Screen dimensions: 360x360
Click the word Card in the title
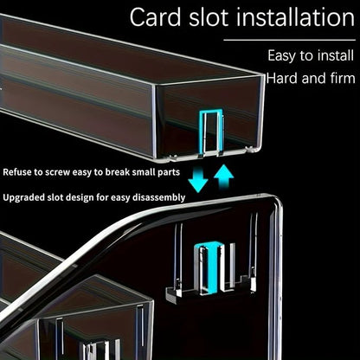click(x=156, y=17)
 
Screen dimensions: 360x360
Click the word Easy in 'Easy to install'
click(x=281, y=56)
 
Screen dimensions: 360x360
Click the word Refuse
click(x=16, y=172)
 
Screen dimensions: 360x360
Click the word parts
click(x=169, y=173)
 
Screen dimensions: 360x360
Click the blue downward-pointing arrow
click(x=198, y=180)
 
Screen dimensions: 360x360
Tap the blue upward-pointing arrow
click(x=223, y=177)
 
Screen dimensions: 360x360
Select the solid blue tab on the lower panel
click(x=213, y=267)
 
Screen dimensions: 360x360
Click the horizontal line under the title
click(x=289, y=40)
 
